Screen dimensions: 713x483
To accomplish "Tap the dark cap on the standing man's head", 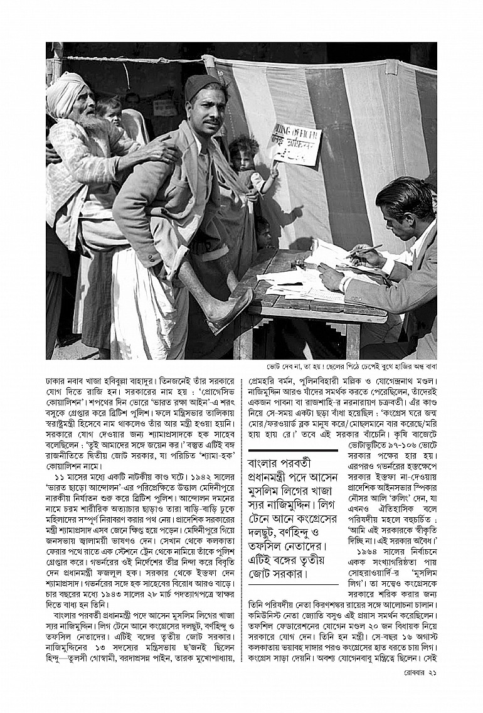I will coord(201,87).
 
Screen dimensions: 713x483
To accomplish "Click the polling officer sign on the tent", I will coord(295,144).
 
